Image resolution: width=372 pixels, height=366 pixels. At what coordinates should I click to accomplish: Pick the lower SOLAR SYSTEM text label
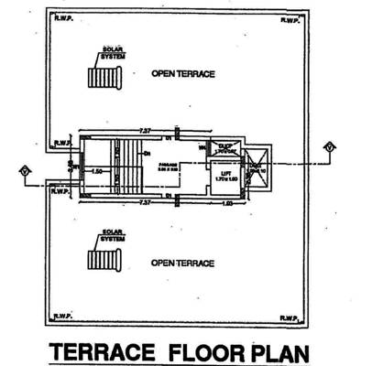coord(113,235)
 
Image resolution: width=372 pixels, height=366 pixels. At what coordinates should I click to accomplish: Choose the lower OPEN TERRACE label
coord(183,264)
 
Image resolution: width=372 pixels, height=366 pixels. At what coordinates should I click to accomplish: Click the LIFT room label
coord(224,169)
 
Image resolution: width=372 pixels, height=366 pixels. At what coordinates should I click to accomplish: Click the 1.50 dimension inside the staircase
coord(95,170)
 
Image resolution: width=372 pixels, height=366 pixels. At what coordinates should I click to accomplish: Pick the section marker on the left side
coord(26,170)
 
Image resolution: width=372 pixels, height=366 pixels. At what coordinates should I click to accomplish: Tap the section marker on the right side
coord(328,146)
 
